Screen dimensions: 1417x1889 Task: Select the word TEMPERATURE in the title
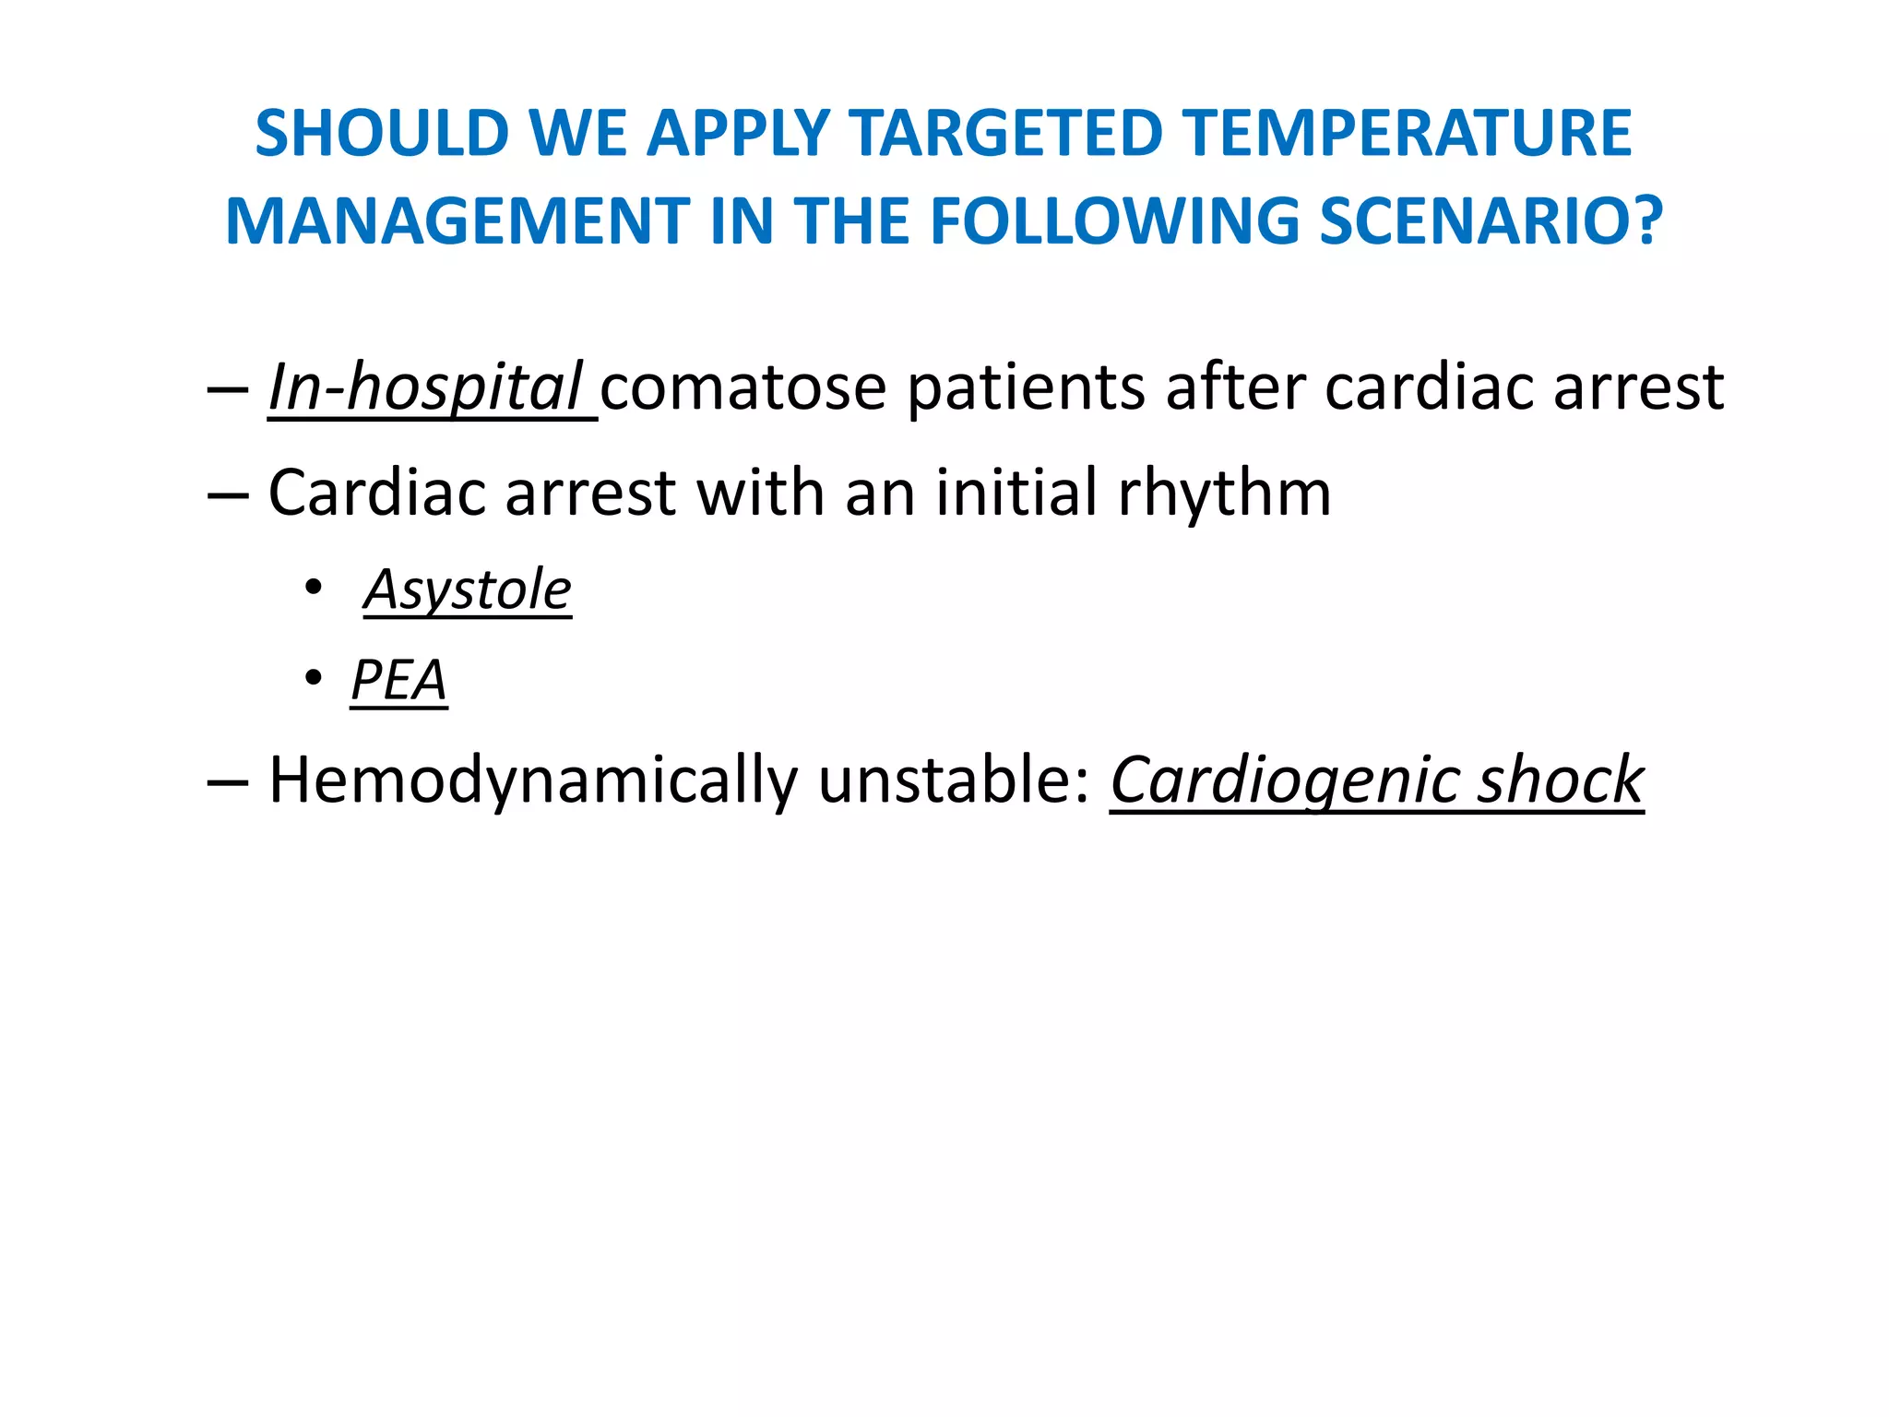click(1408, 134)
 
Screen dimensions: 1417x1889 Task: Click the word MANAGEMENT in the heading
click(457, 222)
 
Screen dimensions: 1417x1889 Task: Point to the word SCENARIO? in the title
click(1491, 222)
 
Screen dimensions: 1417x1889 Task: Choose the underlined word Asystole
click(468, 590)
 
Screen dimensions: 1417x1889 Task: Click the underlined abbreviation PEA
click(398, 681)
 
